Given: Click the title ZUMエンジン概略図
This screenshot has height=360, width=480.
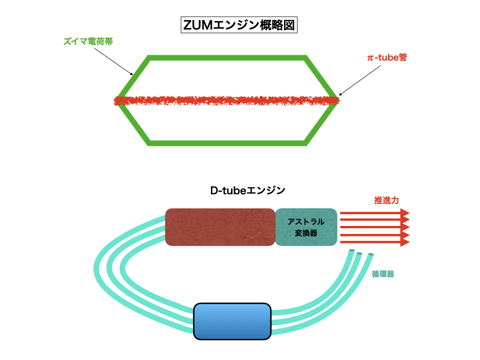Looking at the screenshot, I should (240, 25).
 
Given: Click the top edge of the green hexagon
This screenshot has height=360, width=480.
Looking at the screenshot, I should (227, 58).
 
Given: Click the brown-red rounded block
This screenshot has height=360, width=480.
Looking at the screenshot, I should (220, 227).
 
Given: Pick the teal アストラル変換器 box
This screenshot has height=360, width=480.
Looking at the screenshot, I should (306, 227).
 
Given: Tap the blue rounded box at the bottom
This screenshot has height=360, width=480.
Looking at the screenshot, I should (232, 321).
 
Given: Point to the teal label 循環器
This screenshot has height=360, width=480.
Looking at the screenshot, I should (382, 274).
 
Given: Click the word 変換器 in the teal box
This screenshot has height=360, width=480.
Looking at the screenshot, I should (306, 232).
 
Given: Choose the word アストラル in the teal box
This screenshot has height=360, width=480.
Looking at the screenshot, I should (306, 222).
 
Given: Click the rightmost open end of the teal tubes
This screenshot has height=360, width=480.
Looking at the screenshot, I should (370, 255).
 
